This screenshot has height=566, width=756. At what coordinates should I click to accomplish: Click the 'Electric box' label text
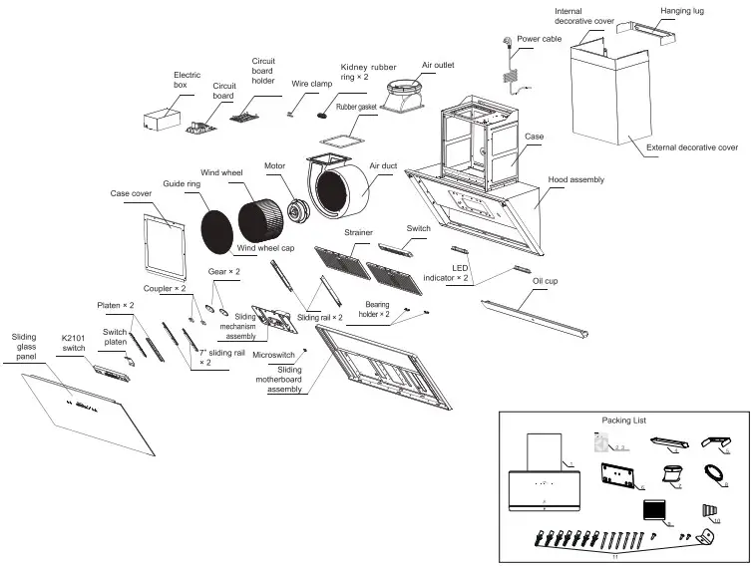[187, 80]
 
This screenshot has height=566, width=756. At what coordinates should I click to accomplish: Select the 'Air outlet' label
[437, 65]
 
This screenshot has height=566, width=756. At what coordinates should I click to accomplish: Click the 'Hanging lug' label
[684, 12]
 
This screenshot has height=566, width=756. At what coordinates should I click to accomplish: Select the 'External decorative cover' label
[692, 147]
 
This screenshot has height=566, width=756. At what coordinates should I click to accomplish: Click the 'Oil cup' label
[545, 282]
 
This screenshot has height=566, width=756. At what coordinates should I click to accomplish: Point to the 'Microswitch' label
[272, 355]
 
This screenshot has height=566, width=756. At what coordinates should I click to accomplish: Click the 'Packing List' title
[623, 421]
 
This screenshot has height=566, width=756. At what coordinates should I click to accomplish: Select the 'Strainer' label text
[359, 233]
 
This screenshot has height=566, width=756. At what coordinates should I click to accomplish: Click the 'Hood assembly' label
[575, 179]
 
